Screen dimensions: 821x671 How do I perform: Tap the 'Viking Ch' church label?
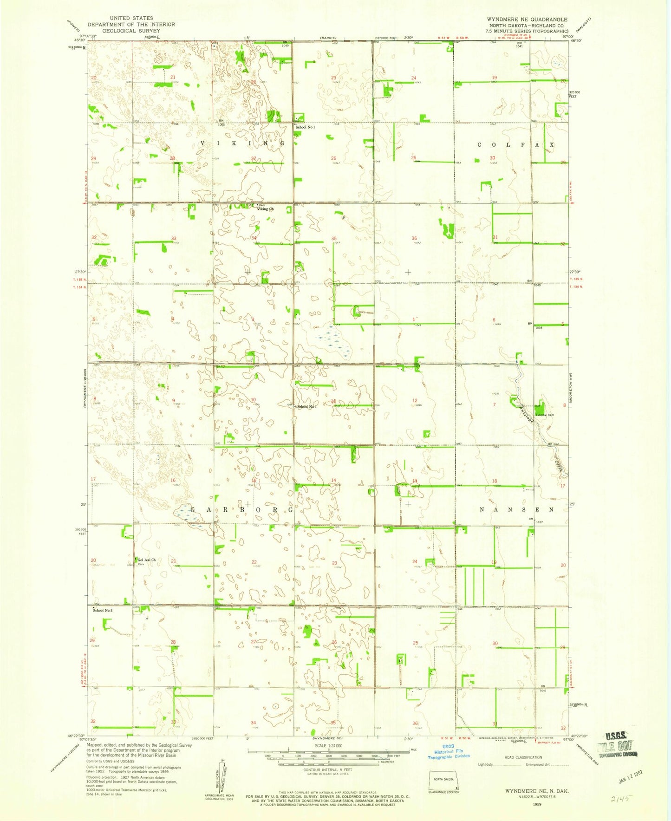tap(265, 209)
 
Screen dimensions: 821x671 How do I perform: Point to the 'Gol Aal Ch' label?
tap(146, 560)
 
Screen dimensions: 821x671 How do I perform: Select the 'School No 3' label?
tap(103, 610)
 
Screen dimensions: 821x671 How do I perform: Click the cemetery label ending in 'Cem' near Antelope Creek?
tap(545, 415)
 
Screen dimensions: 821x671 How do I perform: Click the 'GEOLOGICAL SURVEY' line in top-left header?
tap(131, 31)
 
